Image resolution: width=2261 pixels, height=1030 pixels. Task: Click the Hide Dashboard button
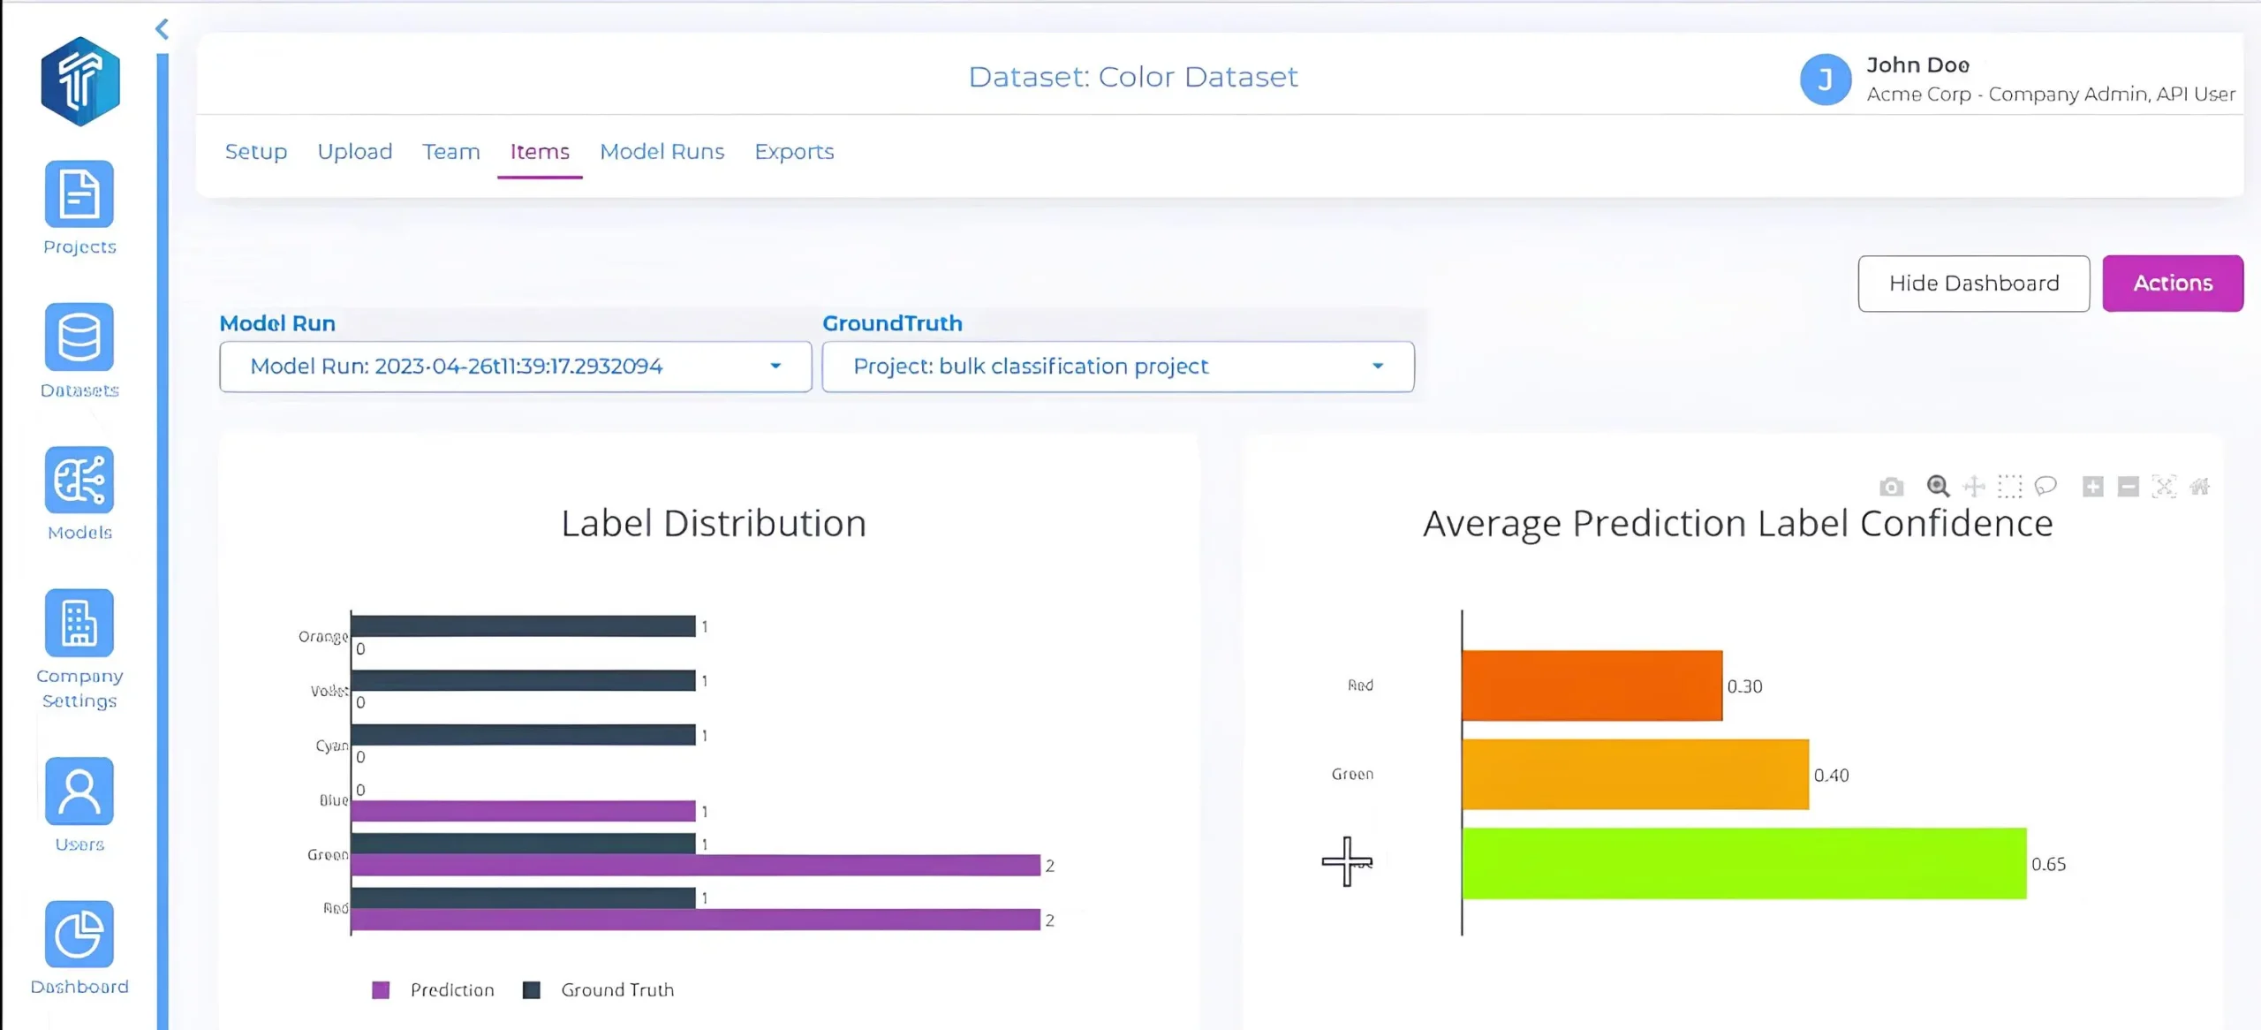[x=1973, y=284]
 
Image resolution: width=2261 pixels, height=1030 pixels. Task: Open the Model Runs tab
[x=662, y=152]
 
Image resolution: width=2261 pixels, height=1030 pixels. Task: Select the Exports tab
[x=793, y=152]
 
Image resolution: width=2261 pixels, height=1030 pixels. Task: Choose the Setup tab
[x=256, y=152]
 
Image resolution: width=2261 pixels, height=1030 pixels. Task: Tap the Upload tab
[x=354, y=152]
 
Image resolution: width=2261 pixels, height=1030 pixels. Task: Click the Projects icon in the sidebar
[x=79, y=194]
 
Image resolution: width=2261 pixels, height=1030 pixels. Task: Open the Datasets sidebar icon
[x=79, y=337]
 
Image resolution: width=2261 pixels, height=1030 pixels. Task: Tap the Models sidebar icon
[x=79, y=481]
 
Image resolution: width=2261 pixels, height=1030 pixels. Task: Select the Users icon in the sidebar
[x=79, y=791]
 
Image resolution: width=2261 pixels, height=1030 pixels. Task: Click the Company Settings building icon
[x=79, y=624]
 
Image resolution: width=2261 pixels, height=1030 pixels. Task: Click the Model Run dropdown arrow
[x=775, y=367]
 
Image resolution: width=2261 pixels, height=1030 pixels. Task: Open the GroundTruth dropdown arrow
[x=1378, y=367]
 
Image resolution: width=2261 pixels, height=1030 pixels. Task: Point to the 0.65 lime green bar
[x=1743, y=863]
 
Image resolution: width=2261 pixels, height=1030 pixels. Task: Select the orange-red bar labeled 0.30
[x=1592, y=685]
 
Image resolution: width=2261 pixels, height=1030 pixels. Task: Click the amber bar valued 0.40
[x=1635, y=775]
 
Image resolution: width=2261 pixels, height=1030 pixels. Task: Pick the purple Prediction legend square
[x=381, y=990]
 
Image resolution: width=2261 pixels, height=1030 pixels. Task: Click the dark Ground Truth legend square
[x=531, y=990]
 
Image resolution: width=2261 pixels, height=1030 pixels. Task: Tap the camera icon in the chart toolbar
[x=1891, y=487]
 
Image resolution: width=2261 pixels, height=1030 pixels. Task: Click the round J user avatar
[x=1826, y=80]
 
